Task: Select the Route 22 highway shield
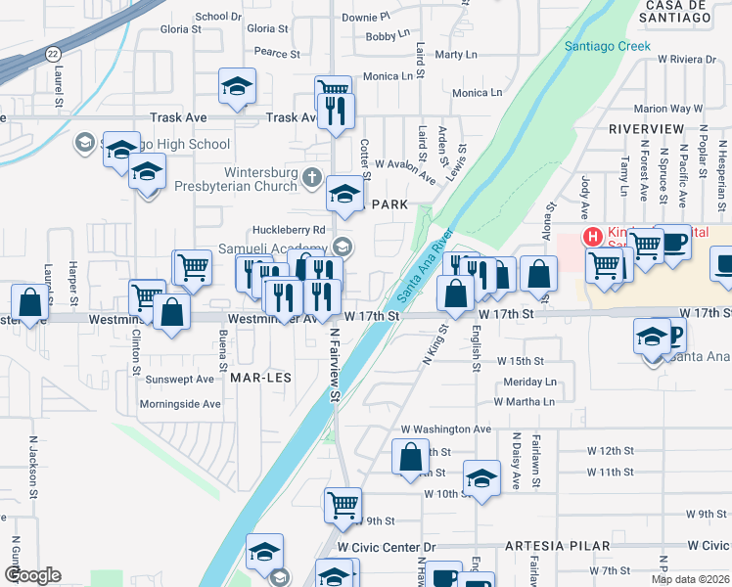click(x=52, y=54)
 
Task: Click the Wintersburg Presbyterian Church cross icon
click(x=312, y=176)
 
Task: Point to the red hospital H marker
click(x=592, y=236)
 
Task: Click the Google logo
click(x=31, y=575)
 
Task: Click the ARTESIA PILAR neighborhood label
click(x=558, y=545)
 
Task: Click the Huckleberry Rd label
click(x=289, y=230)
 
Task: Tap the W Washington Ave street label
click(x=445, y=429)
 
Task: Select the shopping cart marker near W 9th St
click(x=343, y=505)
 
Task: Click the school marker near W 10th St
click(x=481, y=477)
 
